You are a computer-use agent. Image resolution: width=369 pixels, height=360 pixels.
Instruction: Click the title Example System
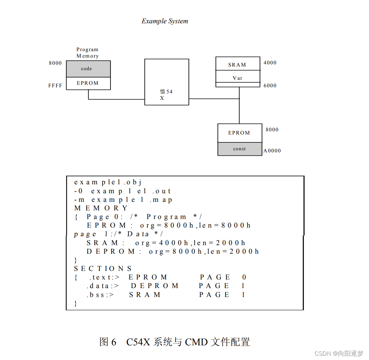pyautogui.click(x=164, y=21)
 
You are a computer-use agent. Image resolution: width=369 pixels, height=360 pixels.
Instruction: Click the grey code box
pyautogui.click(x=88, y=69)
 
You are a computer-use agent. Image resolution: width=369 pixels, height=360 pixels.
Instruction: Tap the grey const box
pyautogui.click(x=240, y=149)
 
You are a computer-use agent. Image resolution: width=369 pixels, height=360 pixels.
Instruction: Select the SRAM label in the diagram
pyautogui.click(x=237, y=65)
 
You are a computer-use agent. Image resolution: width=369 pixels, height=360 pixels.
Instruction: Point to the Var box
pyautogui.click(x=238, y=78)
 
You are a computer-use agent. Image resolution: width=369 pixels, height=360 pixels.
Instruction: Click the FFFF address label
pyautogui.click(x=55, y=86)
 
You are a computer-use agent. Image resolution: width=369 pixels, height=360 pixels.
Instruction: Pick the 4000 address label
pyautogui.click(x=270, y=63)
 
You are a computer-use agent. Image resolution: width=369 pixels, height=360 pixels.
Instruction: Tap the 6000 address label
pyautogui.click(x=270, y=86)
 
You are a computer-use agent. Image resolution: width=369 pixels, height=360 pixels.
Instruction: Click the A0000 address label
pyautogui.click(x=272, y=151)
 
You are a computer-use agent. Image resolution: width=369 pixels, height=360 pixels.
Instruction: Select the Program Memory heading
pyautogui.click(x=87, y=53)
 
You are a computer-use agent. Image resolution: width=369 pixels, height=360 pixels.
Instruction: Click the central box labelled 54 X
pyautogui.click(x=167, y=82)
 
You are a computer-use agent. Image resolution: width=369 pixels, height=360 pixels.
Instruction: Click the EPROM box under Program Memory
pyautogui.click(x=88, y=83)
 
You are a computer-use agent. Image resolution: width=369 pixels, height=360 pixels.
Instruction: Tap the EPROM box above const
pyautogui.click(x=240, y=133)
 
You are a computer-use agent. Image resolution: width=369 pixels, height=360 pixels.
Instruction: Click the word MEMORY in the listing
pyautogui.click(x=101, y=208)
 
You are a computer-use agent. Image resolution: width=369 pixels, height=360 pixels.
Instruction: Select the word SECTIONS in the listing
pyautogui.click(x=103, y=268)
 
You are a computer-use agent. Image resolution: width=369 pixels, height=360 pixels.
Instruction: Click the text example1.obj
pyautogui.click(x=108, y=182)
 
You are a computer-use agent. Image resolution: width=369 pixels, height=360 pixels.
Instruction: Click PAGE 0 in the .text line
pyautogui.click(x=223, y=277)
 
